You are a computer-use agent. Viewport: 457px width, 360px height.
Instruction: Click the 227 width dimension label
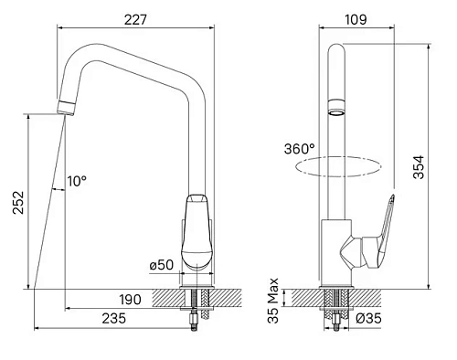point(135,20)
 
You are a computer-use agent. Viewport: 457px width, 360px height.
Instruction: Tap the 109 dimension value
point(356,20)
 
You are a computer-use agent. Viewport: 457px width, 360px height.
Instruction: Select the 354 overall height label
point(419,167)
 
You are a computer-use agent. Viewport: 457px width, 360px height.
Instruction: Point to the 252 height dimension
point(18,203)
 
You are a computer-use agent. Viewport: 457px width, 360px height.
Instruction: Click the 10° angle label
point(77,181)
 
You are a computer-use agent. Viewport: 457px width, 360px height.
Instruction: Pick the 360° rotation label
point(300,149)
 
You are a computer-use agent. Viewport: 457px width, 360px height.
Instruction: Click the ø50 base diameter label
point(161,265)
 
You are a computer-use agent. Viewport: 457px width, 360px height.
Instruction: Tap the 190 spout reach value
point(130,300)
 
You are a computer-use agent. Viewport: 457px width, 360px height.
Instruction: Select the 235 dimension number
point(113,319)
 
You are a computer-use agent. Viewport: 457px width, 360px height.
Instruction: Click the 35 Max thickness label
point(273,301)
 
